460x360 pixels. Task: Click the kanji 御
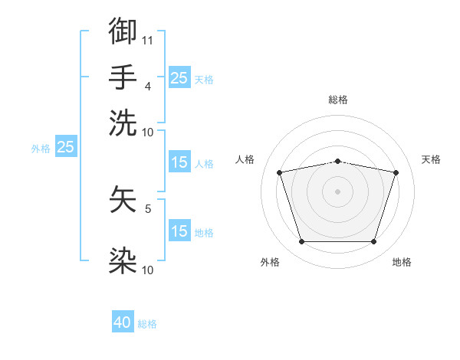[123, 32]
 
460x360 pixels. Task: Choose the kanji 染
[123, 260]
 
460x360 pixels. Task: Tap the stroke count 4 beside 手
[148, 86]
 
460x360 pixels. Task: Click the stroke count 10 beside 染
[148, 270]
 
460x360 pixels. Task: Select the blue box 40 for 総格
[123, 323]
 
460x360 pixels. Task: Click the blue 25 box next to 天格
[179, 77]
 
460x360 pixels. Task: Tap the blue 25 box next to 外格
[65, 147]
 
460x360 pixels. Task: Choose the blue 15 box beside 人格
[179, 162]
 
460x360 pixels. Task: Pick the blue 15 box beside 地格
[179, 231]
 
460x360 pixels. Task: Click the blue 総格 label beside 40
[147, 324]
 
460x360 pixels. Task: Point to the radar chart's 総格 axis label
[338, 100]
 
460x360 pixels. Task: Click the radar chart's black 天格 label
[431, 159]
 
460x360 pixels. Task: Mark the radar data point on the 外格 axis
[301, 242]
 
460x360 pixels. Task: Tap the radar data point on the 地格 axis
[374, 242]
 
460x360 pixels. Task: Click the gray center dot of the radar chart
[338, 191]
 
